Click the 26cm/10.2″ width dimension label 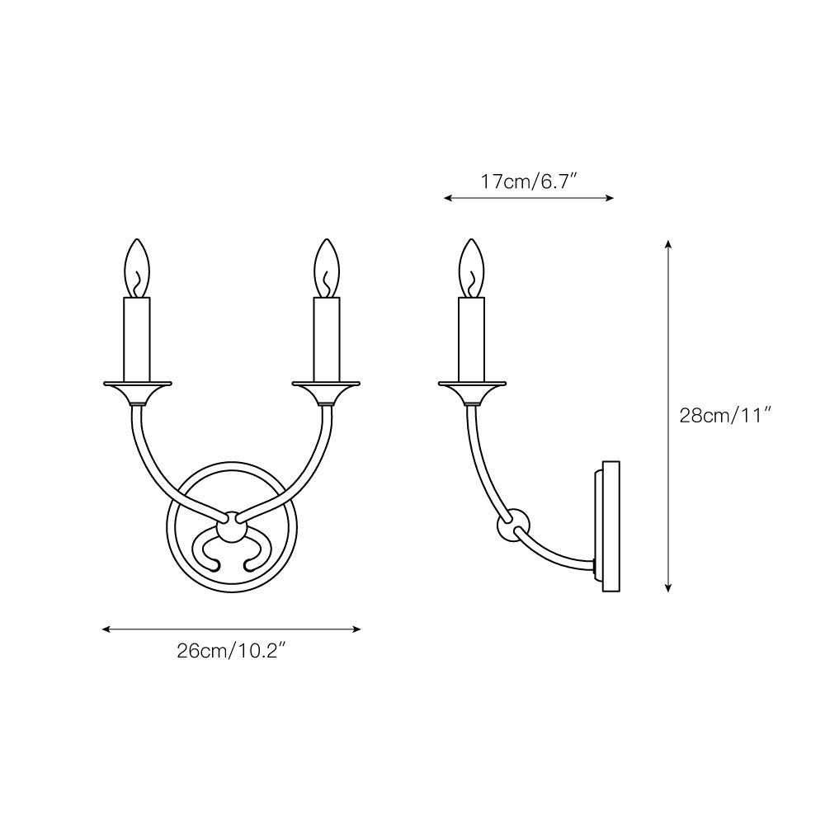231,651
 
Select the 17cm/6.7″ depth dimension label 528,181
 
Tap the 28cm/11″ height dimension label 724,416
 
